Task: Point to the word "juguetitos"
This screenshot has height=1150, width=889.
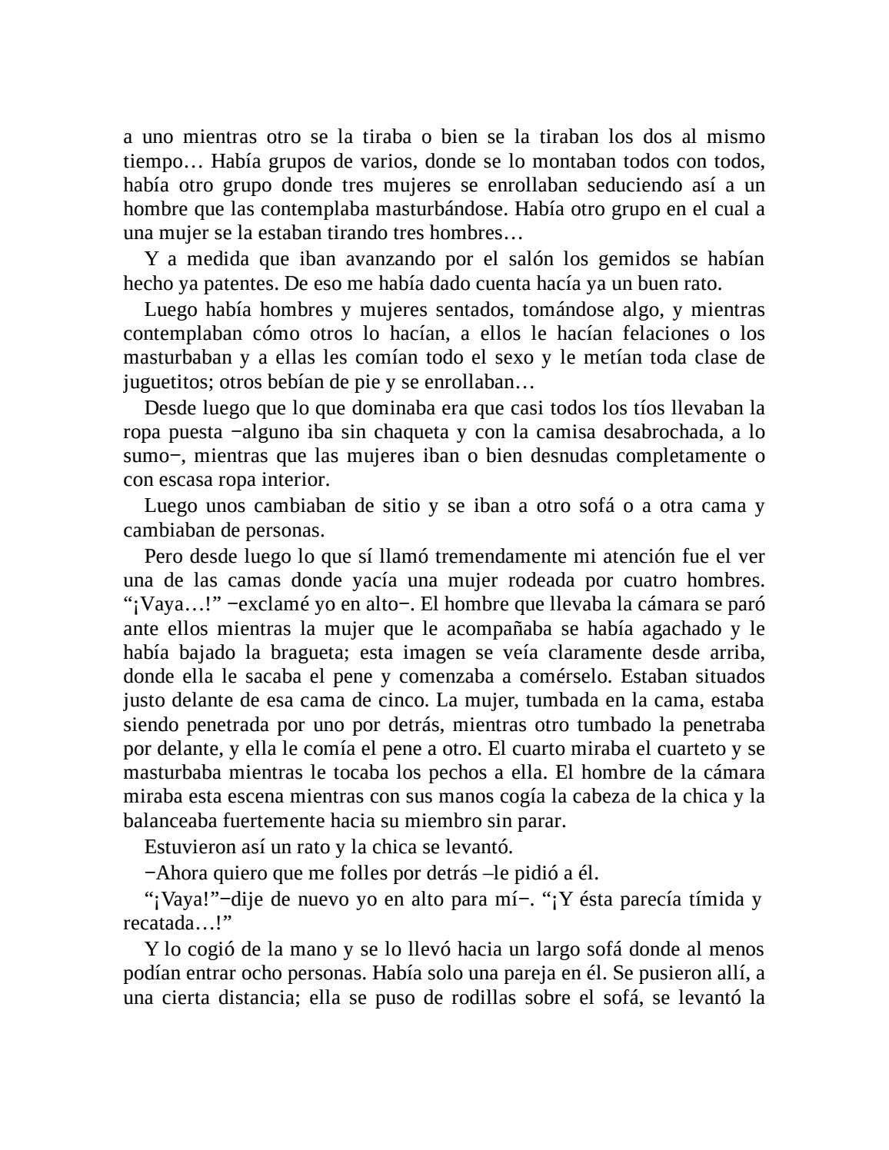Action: pyautogui.click(x=161, y=382)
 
